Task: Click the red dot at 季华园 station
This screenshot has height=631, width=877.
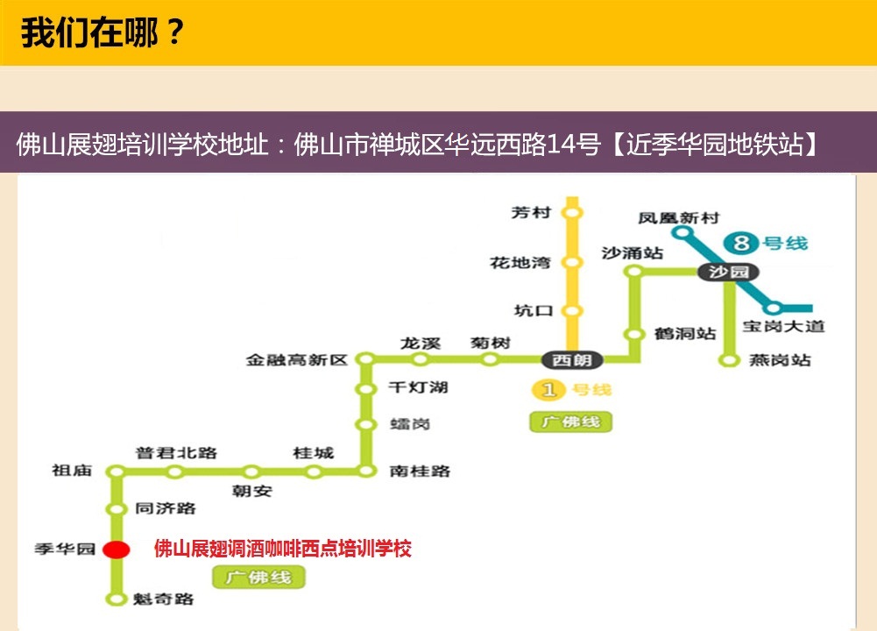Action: tap(116, 549)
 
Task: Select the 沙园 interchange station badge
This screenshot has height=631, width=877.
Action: tap(728, 273)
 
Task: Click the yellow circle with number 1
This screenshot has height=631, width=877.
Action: tap(547, 390)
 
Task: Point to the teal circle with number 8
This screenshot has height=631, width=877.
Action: tap(742, 244)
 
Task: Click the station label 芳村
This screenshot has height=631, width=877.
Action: tap(531, 212)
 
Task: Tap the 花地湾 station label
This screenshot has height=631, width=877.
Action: tap(520, 262)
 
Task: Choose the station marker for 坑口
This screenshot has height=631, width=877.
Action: tap(572, 310)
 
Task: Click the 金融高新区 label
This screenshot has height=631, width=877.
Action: tap(297, 359)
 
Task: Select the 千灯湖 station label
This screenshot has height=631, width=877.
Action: tap(418, 386)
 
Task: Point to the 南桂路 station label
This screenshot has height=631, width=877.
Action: tap(420, 471)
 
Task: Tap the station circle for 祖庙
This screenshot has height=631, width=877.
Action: tap(116, 471)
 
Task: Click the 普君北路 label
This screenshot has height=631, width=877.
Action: tap(175, 452)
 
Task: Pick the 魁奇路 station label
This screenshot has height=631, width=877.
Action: tap(164, 599)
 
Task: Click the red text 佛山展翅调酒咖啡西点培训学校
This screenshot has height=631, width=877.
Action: tap(282, 549)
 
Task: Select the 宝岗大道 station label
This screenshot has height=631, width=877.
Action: tap(782, 327)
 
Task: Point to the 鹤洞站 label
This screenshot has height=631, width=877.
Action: tap(685, 334)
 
